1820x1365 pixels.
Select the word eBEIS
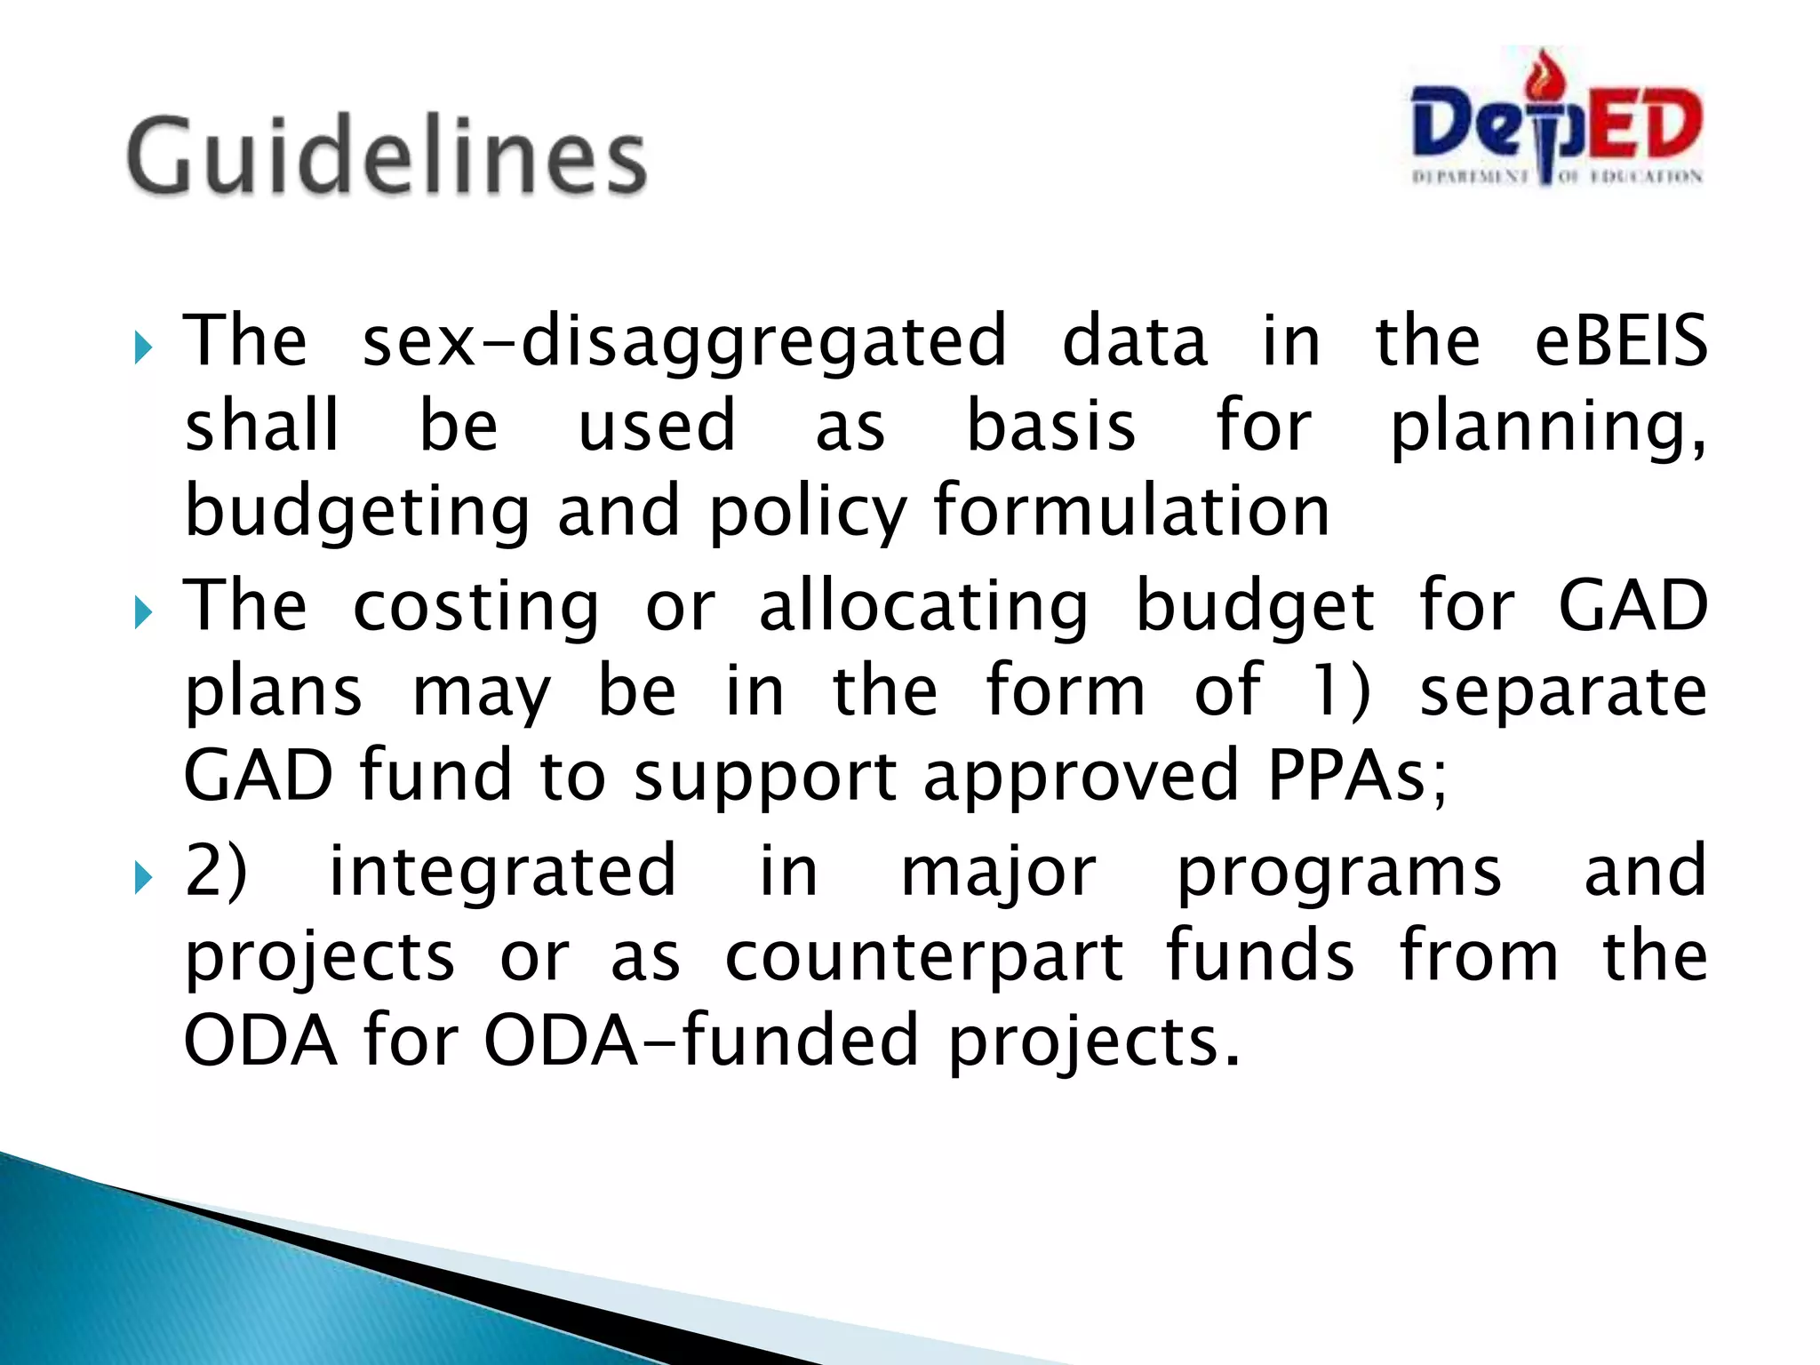(1620, 341)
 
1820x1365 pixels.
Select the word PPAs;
(1357, 775)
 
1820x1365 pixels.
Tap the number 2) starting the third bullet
(216, 871)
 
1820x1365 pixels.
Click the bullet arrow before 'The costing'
(143, 613)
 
